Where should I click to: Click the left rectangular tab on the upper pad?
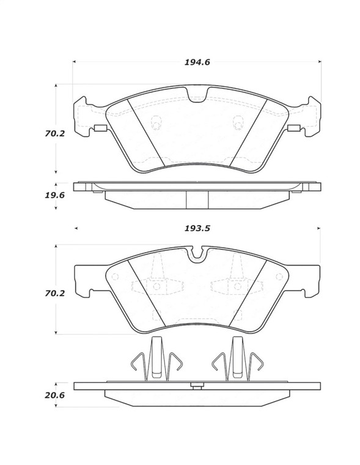[100, 128]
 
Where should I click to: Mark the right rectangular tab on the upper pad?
[293, 128]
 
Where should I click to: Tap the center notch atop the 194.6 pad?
[197, 96]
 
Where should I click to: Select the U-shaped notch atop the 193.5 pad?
[197, 254]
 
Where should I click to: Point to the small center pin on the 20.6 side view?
[197, 385]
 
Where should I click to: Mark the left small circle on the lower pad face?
[156, 286]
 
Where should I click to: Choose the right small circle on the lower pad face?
[237, 286]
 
